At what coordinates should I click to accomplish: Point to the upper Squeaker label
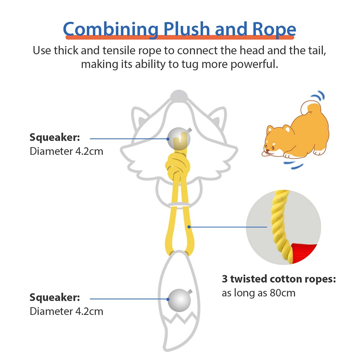point(55,138)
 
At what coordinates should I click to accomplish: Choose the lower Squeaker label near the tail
point(55,298)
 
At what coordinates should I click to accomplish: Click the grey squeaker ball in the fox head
point(179,139)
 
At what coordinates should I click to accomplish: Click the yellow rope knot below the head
point(178,165)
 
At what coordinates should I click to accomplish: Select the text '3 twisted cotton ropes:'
point(279,279)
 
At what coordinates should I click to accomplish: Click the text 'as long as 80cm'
point(258,293)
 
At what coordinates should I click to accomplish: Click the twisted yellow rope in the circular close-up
point(280,225)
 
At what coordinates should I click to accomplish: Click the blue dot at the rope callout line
point(189,227)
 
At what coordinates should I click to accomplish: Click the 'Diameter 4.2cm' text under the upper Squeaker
point(66,151)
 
